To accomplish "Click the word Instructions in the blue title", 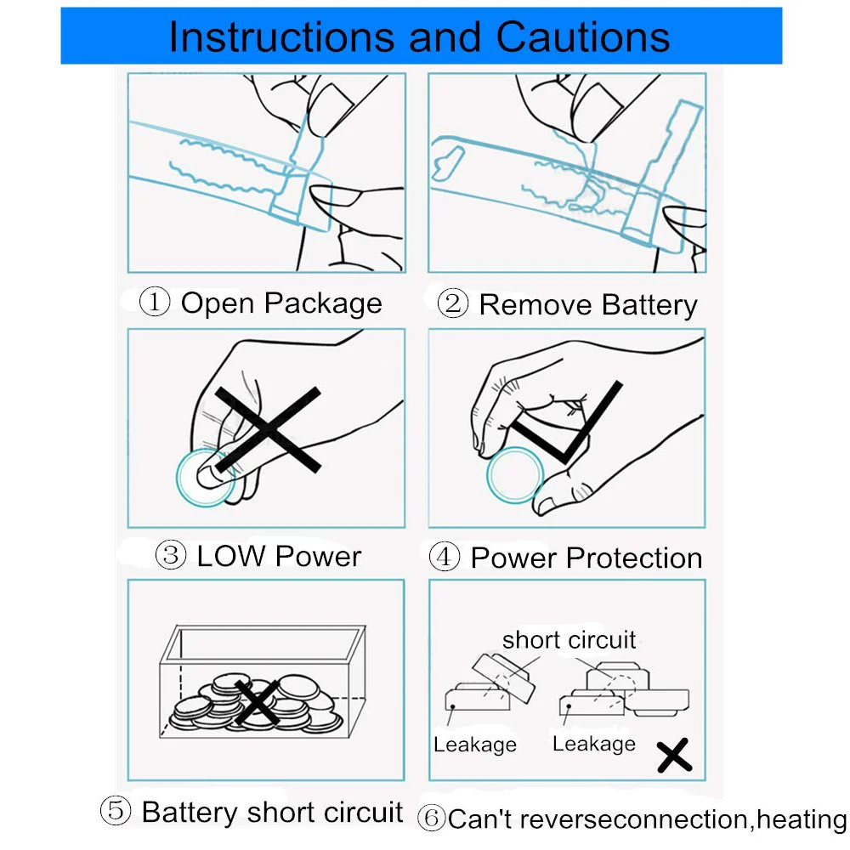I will pos(280,36).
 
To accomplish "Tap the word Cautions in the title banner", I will pos(583,36).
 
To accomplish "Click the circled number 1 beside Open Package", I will pos(155,303).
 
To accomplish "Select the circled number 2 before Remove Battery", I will pos(452,304).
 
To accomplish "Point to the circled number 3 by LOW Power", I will pos(171,556).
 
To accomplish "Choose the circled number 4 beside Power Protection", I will pos(445,558).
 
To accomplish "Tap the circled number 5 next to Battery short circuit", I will pos(116,811).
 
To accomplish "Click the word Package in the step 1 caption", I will pos(323,303).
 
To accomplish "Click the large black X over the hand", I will pos(267,429).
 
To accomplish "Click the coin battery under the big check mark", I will pos(514,474).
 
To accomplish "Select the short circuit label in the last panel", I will pos(569,639).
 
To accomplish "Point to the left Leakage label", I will pos(474,745).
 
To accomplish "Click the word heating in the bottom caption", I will pos(802,819).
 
